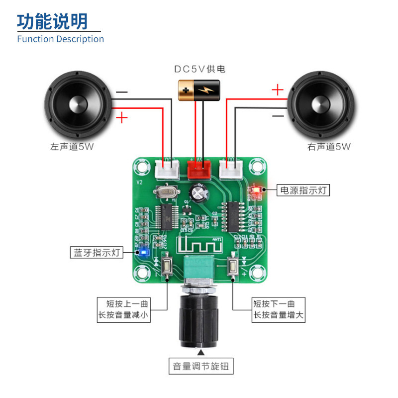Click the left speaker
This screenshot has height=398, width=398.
coord(79,105)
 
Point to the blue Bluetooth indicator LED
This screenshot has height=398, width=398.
coord(144,253)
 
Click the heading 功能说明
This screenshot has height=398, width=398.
coord(52,21)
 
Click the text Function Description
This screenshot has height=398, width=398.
coord(60,39)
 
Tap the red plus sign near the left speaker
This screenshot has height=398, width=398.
coord(121,118)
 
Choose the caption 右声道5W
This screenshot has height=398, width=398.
coord(329,146)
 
